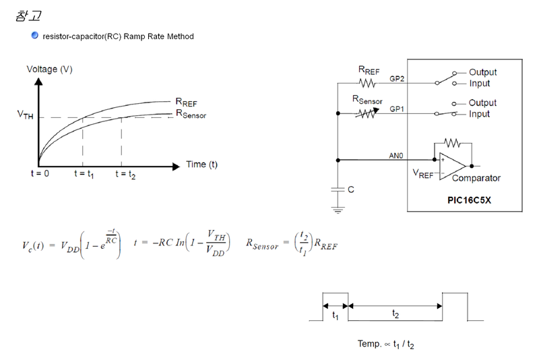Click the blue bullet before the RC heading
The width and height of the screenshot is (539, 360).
(35, 36)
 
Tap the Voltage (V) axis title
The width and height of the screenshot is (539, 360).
(49, 69)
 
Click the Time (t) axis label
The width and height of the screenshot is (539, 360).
(201, 164)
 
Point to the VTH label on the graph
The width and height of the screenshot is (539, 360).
(25, 115)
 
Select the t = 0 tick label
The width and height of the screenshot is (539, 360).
(40, 174)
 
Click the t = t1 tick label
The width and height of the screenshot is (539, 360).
(84, 174)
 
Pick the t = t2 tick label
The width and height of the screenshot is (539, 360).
(125, 174)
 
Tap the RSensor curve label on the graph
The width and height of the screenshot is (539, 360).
(191, 114)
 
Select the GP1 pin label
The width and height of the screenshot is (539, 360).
(397, 109)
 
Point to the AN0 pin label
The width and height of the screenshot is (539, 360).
(396, 155)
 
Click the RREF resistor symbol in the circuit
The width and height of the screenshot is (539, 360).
(367, 84)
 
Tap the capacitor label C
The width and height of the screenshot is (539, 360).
(350, 190)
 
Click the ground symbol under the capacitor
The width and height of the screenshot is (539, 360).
(337, 210)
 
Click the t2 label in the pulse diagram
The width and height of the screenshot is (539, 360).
(395, 314)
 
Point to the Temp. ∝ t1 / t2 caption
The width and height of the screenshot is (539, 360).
(385, 344)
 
